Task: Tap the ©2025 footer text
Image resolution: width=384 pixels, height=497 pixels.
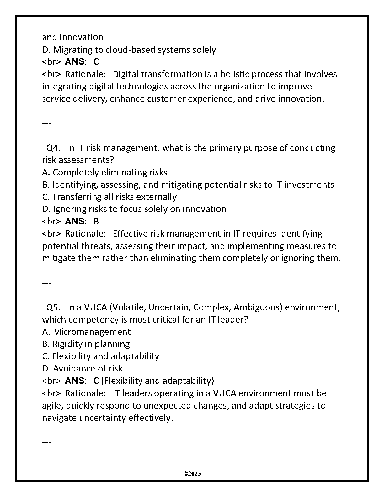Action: [192, 473]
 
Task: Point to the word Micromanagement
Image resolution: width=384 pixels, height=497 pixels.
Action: [92, 332]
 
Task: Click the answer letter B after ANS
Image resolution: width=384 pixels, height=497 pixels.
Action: [96, 222]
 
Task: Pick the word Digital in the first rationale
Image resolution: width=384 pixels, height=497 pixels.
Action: [126, 74]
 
